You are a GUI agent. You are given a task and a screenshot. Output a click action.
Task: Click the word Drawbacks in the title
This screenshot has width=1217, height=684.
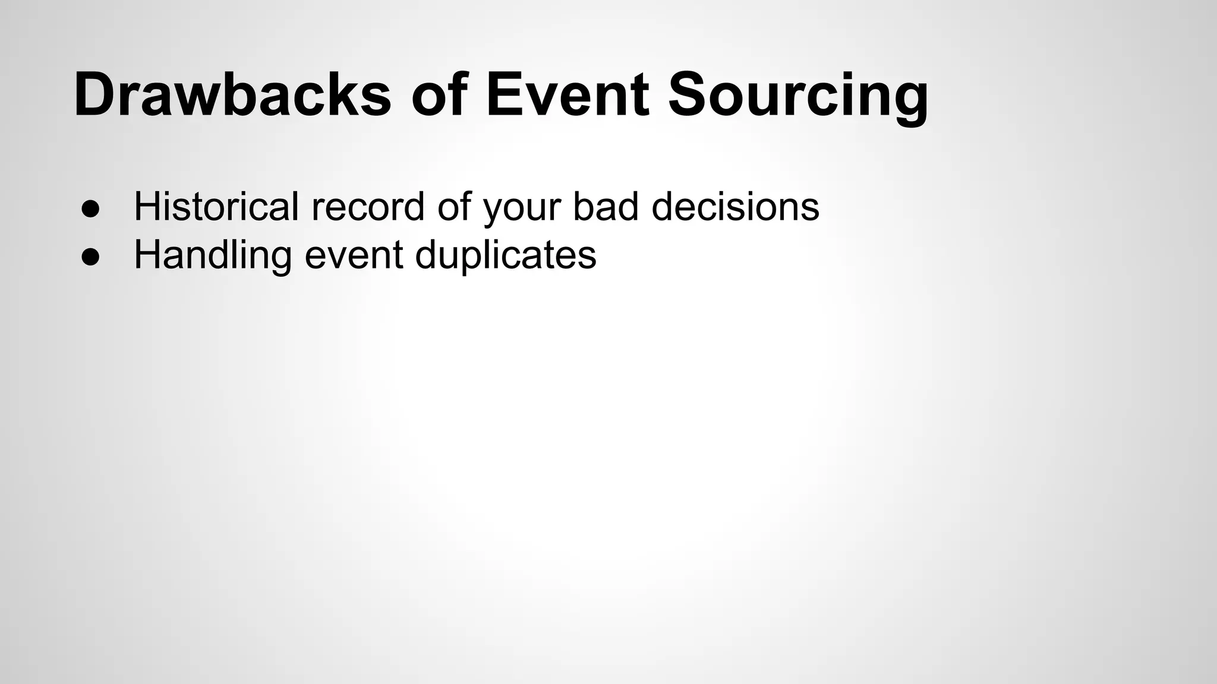pos(232,95)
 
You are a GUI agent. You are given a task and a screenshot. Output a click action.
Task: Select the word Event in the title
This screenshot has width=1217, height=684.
pos(567,95)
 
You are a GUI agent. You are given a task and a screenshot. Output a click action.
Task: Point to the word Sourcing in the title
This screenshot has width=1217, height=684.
pos(798,95)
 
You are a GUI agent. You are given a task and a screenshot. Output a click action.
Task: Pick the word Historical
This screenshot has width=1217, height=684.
pos(216,207)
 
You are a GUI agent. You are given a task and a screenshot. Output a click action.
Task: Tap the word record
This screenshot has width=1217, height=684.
pos(368,207)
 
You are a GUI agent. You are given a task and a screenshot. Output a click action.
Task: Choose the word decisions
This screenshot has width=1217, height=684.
pos(735,207)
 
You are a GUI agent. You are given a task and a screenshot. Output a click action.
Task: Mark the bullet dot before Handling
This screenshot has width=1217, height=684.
pos(90,256)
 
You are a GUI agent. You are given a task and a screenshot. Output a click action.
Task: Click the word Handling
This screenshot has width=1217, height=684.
pos(212,255)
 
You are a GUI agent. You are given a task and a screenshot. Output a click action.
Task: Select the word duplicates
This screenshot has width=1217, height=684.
pos(505,255)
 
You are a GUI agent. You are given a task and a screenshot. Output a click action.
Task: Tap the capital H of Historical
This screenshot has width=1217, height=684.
pos(147,207)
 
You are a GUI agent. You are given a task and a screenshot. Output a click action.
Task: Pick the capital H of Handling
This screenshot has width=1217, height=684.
pos(147,255)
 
